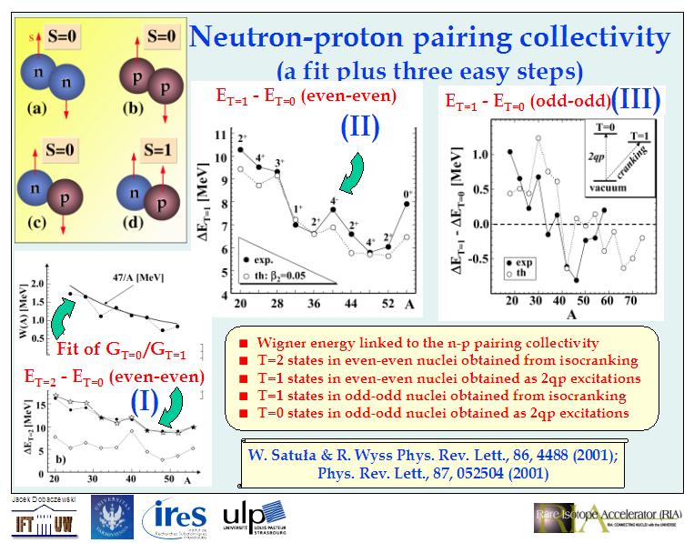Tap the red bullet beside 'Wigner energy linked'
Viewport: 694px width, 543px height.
click(243, 343)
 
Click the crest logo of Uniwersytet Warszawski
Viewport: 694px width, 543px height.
click(112, 517)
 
